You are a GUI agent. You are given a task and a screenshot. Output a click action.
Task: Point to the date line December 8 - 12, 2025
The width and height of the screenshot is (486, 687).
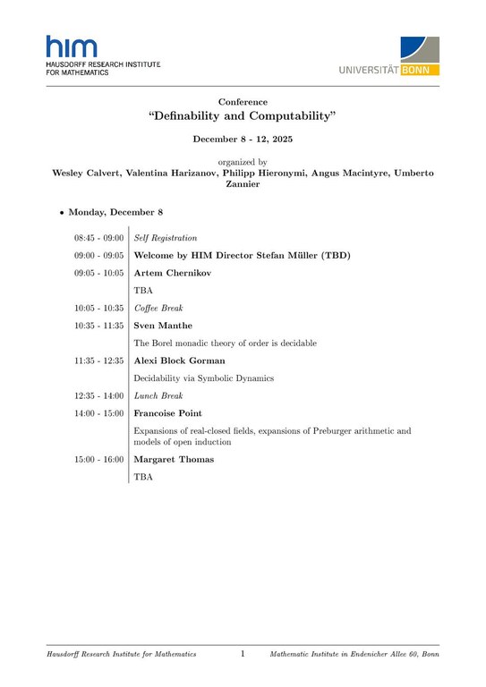click(x=243, y=140)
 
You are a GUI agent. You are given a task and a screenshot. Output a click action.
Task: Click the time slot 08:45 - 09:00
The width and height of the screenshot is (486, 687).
click(x=98, y=238)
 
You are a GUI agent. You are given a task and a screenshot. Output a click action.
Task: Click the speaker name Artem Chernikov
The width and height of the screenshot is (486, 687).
click(x=172, y=273)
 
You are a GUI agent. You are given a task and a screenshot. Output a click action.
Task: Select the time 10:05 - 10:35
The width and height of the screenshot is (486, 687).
click(x=98, y=308)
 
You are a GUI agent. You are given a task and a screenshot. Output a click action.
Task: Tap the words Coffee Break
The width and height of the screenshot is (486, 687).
click(x=158, y=308)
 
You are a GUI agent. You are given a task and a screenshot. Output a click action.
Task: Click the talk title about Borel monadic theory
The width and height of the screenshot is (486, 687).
click(x=225, y=343)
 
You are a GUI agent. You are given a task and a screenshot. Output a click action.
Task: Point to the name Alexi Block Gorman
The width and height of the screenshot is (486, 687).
click(x=179, y=360)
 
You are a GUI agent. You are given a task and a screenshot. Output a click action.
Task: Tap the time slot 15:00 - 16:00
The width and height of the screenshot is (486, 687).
click(x=98, y=460)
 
